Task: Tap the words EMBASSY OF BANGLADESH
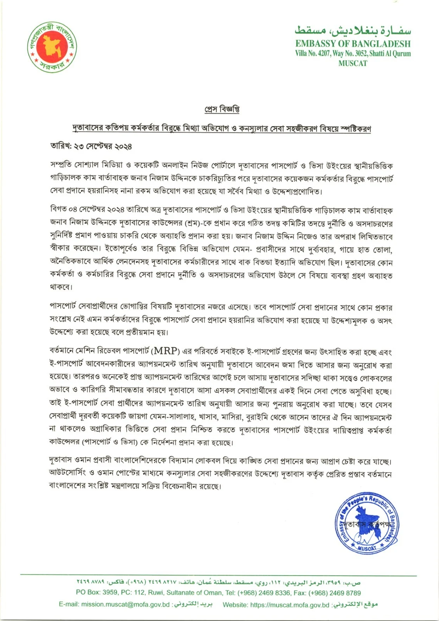(353, 44)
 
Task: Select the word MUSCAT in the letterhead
(353, 63)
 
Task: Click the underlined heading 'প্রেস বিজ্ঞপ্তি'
(222, 110)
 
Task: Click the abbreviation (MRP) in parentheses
(165, 352)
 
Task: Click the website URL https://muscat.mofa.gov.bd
(290, 604)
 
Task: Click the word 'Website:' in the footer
(236, 604)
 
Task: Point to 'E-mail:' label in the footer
(69, 604)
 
